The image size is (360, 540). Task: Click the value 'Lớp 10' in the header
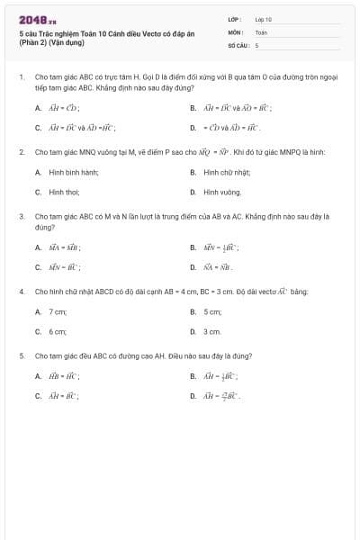click(263, 19)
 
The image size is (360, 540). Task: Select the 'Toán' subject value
click(261, 31)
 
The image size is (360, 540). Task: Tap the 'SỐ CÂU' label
click(237, 44)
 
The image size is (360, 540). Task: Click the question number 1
click(21, 78)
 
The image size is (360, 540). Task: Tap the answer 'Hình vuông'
click(221, 192)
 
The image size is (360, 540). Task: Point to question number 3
click(21, 217)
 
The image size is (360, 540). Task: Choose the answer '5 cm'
click(212, 311)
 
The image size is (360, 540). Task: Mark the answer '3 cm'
click(212, 331)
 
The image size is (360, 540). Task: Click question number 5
click(21, 356)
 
